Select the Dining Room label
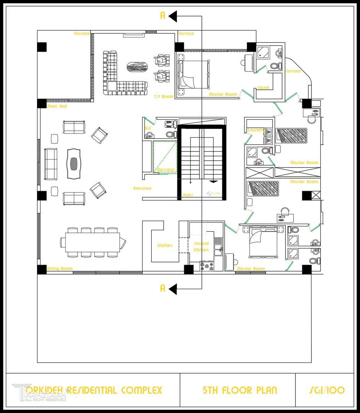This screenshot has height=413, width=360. [x=59, y=269]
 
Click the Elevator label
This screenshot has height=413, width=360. [x=166, y=169]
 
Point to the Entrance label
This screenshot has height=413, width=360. [x=142, y=188]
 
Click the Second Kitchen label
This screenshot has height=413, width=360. [x=201, y=247]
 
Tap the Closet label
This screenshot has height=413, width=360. [x=263, y=88]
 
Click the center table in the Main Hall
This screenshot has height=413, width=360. [x=75, y=164]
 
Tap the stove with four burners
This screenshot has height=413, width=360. [x=207, y=266]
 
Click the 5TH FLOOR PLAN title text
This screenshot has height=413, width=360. [x=240, y=390]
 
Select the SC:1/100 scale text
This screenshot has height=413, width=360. [x=327, y=390]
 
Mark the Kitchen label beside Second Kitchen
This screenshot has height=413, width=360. [x=165, y=246]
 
